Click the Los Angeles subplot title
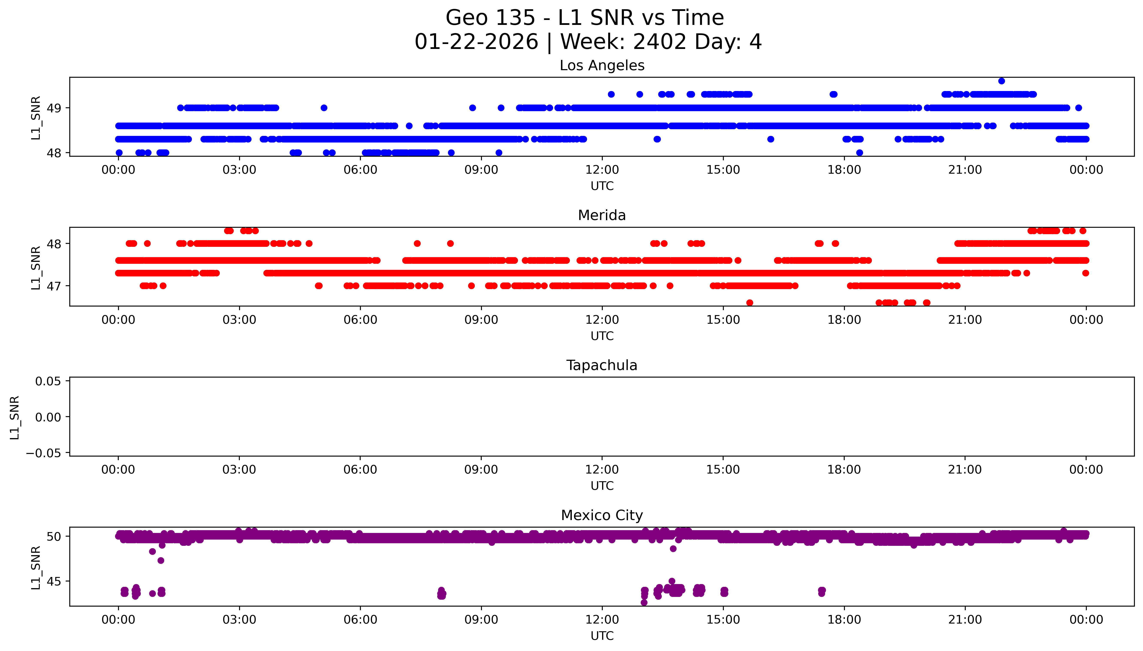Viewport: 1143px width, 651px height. (602, 66)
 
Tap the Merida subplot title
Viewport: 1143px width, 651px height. (602, 215)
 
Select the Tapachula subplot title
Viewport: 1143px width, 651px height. (602, 365)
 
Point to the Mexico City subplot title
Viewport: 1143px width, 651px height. (602, 516)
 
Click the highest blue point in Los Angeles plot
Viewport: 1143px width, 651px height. (1001, 81)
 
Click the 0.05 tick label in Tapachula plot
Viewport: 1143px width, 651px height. (48, 381)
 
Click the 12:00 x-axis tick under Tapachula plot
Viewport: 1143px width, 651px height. (602, 470)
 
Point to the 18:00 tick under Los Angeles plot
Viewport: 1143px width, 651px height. (844, 170)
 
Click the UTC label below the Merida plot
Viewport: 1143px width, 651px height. (602, 336)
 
